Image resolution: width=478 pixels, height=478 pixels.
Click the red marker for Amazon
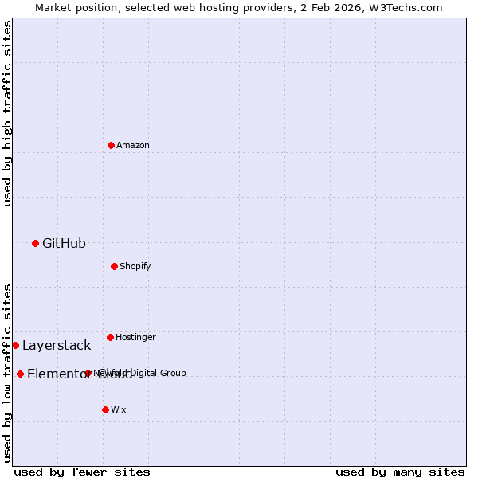(111, 145)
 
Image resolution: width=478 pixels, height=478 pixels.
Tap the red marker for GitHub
(35, 243)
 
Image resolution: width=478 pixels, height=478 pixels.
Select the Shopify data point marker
(114, 266)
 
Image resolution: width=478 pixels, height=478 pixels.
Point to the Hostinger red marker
(110, 337)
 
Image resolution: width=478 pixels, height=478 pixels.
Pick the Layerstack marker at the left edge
(15, 345)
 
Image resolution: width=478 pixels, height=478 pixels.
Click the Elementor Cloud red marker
(20, 374)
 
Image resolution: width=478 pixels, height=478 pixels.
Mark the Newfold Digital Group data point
(88, 373)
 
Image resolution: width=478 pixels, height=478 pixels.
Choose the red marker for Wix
(105, 409)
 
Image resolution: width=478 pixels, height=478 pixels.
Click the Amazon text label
(133, 146)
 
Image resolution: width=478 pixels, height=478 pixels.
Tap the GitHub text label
(64, 244)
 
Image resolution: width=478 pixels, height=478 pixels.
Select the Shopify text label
(135, 267)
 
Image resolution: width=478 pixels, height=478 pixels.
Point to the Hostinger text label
(135, 338)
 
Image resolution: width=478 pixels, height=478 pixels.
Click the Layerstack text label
(57, 346)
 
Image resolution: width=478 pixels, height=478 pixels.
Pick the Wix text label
(119, 410)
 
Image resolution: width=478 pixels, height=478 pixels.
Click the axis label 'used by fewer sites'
(82, 472)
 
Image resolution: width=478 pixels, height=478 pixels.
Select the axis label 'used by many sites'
(400, 472)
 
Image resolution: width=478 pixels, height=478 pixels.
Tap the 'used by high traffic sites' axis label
(7, 113)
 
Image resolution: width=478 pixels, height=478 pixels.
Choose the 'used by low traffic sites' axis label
(7, 373)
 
